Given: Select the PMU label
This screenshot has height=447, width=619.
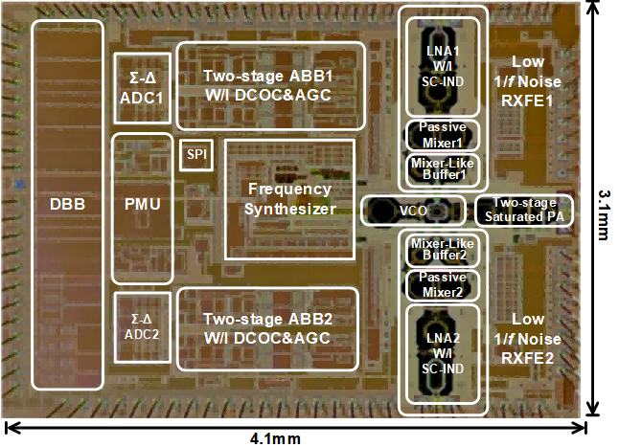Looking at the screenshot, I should pyautogui.click(x=141, y=204).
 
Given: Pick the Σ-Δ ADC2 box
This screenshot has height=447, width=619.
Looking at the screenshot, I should pyautogui.click(x=141, y=326).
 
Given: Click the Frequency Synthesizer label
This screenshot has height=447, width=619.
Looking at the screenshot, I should pyautogui.click(x=289, y=199).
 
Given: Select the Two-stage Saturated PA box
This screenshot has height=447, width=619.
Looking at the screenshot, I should pyautogui.click(x=524, y=210).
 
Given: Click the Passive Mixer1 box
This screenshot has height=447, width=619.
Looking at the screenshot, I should pyautogui.click(x=443, y=133).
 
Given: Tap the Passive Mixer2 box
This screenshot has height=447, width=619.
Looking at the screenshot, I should pyautogui.click(x=443, y=284).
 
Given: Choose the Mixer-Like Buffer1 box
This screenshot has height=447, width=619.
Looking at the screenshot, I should pyautogui.click(x=443, y=168).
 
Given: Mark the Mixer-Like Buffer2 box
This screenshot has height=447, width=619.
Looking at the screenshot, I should pyautogui.click(x=443, y=249).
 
